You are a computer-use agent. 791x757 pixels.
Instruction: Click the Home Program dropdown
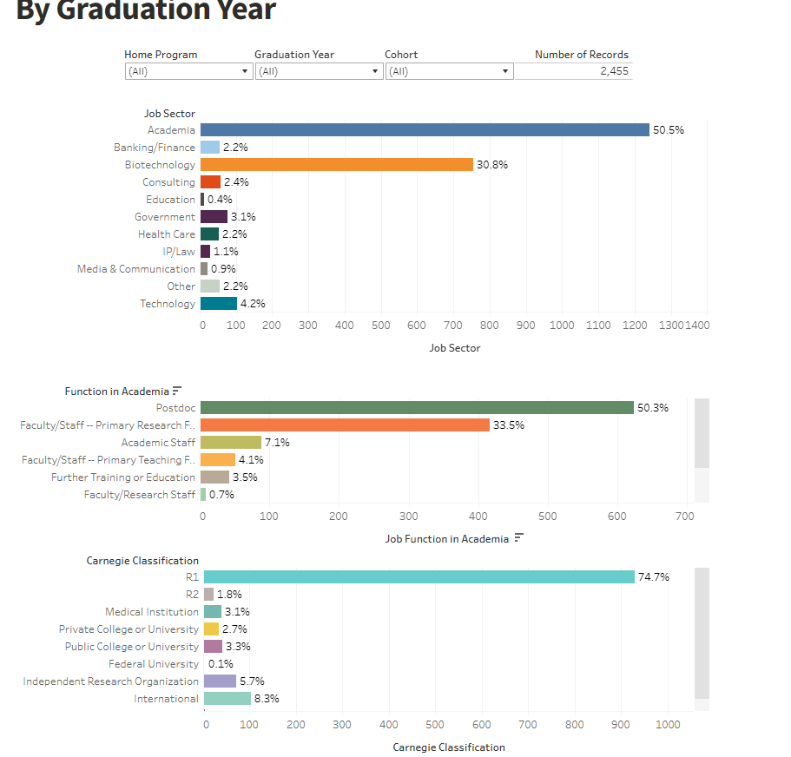(188, 71)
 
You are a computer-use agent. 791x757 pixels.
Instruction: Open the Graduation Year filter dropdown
(319, 71)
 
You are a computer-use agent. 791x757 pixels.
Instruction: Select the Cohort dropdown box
(449, 71)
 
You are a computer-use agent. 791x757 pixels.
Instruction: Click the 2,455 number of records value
(614, 71)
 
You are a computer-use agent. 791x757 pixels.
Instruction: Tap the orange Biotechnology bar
(337, 164)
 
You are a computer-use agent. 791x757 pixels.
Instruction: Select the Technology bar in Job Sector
(219, 303)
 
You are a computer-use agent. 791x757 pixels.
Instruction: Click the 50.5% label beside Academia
(669, 130)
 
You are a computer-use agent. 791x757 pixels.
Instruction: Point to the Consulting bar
(210, 181)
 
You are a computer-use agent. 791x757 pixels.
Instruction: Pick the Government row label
(165, 217)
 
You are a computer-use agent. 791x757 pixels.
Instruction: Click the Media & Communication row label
(136, 269)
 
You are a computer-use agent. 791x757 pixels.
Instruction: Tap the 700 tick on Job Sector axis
(453, 326)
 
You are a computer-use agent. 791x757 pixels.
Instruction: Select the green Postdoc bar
(417, 407)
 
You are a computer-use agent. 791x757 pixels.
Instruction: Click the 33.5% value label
(509, 425)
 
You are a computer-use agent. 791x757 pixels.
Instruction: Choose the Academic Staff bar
(231, 442)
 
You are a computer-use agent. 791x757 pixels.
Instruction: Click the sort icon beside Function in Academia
(177, 391)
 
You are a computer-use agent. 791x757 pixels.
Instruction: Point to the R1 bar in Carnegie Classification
(419, 576)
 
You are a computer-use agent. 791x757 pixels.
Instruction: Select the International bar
(227, 698)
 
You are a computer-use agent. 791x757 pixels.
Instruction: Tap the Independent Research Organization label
(111, 681)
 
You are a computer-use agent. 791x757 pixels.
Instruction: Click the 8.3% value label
(267, 699)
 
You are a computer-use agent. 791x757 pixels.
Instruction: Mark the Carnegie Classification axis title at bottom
(448, 747)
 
